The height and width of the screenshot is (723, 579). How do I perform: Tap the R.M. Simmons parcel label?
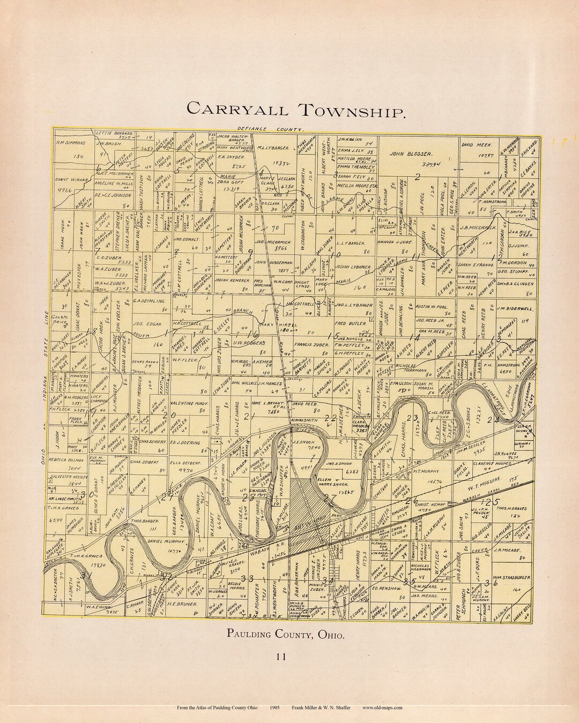[73, 144]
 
